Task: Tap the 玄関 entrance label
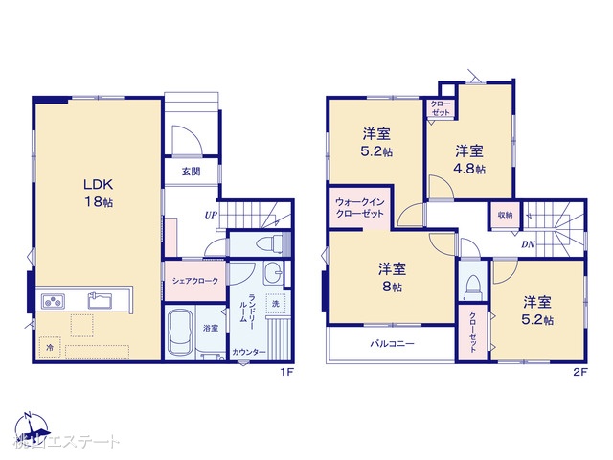pyautogui.click(x=190, y=172)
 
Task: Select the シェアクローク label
pyautogui.click(x=195, y=281)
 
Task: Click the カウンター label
pyautogui.click(x=248, y=352)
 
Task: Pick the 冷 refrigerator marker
pyautogui.click(x=49, y=347)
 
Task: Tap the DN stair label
pyautogui.click(x=528, y=244)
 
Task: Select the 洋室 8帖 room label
pyautogui.click(x=389, y=276)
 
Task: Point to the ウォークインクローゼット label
pyautogui.click(x=359, y=208)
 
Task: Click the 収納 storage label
pyautogui.click(x=505, y=215)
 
